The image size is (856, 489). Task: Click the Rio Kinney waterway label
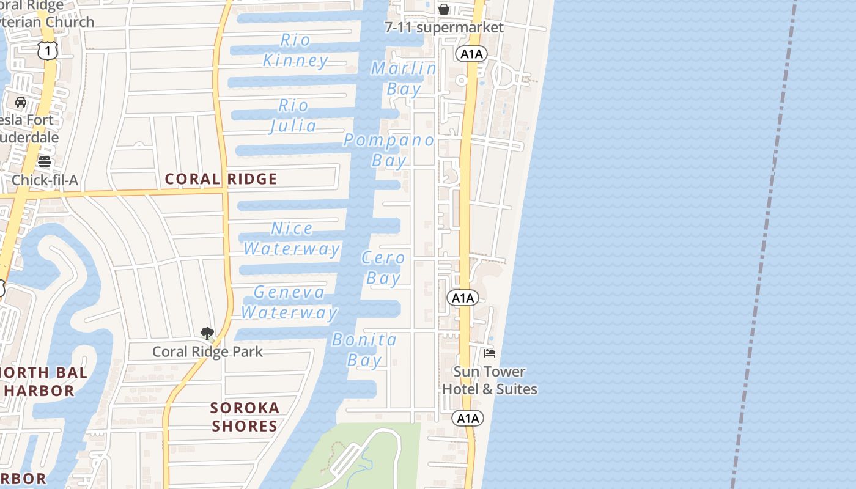[296, 50]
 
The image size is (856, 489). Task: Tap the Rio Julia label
[293, 116]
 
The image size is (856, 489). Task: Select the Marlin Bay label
[404, 78]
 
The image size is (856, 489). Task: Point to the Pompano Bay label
[389, 150]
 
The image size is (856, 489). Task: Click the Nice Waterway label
[292, 238]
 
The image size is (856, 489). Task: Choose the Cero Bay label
[383, 268]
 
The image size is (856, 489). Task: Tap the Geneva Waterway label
[289, 302]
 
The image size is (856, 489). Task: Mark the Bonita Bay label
[364, 350]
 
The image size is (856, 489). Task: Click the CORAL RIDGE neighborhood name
[221, 179]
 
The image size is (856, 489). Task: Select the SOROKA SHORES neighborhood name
[245, 417]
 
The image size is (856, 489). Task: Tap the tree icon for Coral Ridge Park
[207, 334]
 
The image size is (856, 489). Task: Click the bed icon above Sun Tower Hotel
[490, 353]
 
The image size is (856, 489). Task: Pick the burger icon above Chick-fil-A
[45, 162]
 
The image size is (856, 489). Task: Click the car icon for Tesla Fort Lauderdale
[21, 101]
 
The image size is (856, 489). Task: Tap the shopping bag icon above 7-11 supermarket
[444, 9]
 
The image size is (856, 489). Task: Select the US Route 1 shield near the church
[47, 50]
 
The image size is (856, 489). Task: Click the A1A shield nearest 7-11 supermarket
[471, 54]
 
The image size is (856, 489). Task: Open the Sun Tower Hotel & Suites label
[490, 380]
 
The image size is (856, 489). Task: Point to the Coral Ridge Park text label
[207, 351]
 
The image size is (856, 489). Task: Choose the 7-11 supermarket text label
[444, 28]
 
